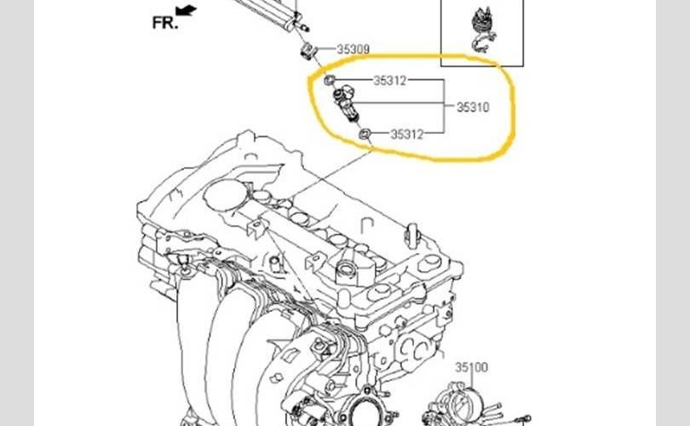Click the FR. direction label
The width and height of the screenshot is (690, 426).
[x=165, y=22]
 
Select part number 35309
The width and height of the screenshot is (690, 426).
[x=353, y=49]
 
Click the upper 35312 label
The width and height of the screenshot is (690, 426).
[x=388, y=81]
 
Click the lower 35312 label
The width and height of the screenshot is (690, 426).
[x=408, y=134]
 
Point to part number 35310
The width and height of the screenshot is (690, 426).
[x=474, y=108]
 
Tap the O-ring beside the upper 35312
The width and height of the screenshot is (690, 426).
[x=330, y=81]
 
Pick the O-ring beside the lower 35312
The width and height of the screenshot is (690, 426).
[x=365, y=133]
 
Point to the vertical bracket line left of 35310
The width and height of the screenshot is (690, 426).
[x=444, y=107]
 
